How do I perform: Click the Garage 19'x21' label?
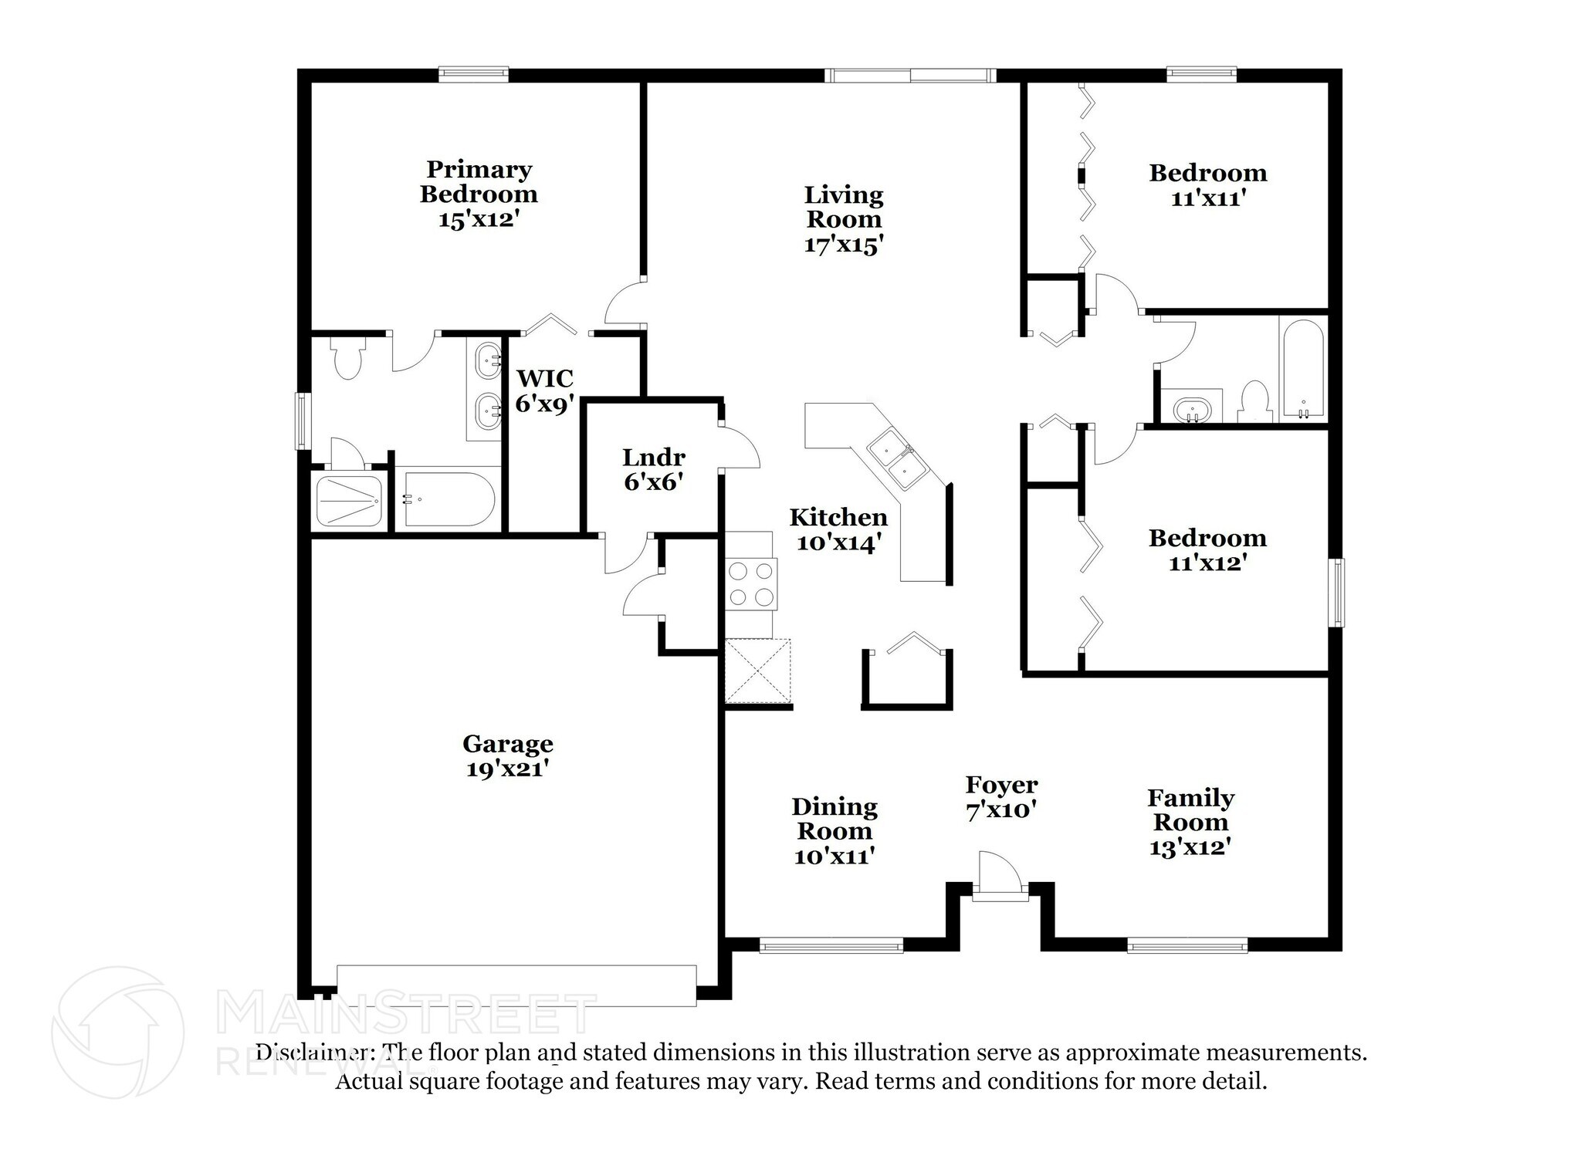pyautogui.click(x=507, y=755)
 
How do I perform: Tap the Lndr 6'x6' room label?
pyautogui.click(x=653, y=469)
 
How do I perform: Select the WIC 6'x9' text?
pyautogui.click(x=545, y=390)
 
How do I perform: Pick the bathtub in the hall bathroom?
pyautogui.click(x=1303, y=369)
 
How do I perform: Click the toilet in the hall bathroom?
pyautogui.click(x=1254, y=401)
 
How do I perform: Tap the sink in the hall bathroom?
pyautogui.click(x=1192, y=408)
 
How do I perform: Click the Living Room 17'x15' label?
pyautogui.click(x=843, y=219)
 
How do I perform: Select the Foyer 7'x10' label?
pyautogui.click(x=1000, y=797)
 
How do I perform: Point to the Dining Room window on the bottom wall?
pyautogui.click(x=831, y=945)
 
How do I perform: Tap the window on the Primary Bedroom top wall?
pyautogui.click(x=473, y=75)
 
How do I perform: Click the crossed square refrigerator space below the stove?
pyautogui.click(x=758, y=670)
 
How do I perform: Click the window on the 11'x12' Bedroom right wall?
pyautogui.click(x=1338, y=593)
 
